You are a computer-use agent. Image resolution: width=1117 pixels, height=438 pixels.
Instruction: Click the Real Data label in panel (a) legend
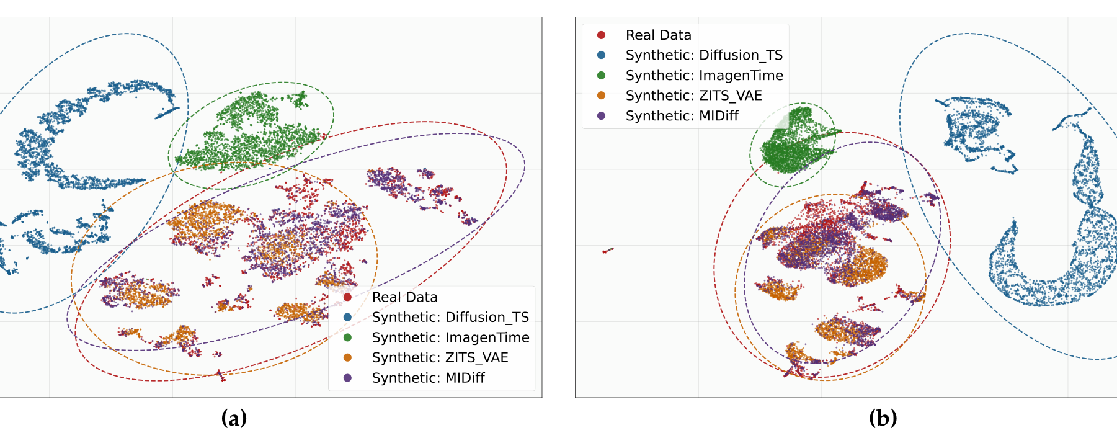point(404,297)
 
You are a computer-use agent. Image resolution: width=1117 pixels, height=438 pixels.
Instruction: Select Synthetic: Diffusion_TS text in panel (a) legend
point(450,317)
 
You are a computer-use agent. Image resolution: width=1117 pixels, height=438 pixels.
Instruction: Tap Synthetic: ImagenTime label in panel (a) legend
point(451,337)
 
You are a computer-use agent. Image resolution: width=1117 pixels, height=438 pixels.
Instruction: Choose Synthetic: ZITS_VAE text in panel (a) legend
point(440,357)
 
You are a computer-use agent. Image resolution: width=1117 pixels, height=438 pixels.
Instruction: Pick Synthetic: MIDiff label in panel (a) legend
point(428,378)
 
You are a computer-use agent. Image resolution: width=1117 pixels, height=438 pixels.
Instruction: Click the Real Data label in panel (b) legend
point(658,35)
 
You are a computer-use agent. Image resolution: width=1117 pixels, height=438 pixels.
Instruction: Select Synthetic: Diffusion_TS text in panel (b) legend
point(704,55)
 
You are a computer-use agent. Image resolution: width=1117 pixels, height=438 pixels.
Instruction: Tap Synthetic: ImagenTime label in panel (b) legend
point(705,76)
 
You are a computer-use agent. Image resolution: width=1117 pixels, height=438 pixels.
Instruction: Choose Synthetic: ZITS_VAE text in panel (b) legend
point(693,96)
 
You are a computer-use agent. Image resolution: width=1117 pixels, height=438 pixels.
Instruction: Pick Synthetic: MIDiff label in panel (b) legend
point(682,116)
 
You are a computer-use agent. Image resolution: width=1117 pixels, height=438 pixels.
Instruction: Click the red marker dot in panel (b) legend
point(601,35)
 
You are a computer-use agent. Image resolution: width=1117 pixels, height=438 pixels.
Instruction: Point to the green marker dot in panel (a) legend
point(347,337)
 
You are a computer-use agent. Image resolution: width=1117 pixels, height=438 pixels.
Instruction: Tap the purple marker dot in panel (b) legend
point(601,116)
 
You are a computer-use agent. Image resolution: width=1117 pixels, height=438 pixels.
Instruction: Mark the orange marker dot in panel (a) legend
point(347,357)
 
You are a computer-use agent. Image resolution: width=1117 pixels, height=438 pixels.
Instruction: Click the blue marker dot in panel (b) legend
point(601,55)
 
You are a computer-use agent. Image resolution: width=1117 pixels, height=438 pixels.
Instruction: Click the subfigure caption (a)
point(234,418)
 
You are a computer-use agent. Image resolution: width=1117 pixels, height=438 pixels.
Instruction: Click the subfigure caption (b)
point(883,418)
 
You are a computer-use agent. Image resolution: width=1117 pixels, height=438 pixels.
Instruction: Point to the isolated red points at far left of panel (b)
point(608,250)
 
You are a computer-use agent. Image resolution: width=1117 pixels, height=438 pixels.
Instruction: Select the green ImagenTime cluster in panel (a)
point(251,133)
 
